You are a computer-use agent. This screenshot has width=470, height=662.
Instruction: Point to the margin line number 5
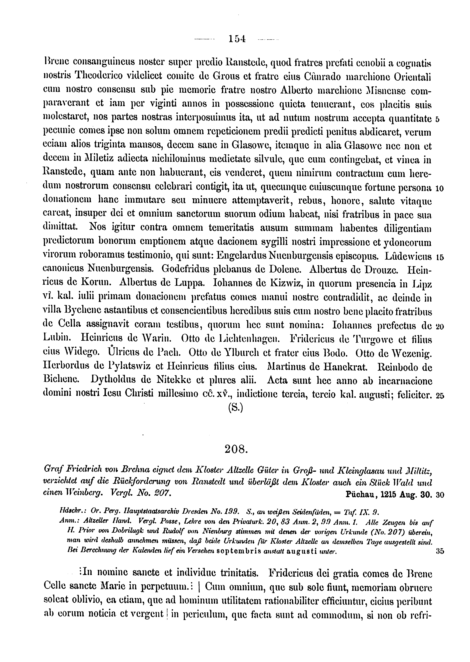coord(437,119)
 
